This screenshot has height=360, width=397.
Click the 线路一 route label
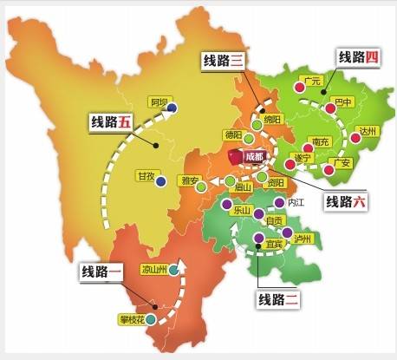[102, 270]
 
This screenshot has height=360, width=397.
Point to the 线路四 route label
[359, 58]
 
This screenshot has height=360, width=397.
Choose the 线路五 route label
[113, 122]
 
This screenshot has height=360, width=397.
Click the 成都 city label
[253, 157]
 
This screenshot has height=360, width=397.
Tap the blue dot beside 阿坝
[172, 108]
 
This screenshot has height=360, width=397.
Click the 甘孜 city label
[145, 177]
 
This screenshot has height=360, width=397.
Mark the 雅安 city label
[189, 181]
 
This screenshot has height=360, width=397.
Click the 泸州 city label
[303, 238]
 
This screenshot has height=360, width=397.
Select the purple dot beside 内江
[278, 202]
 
